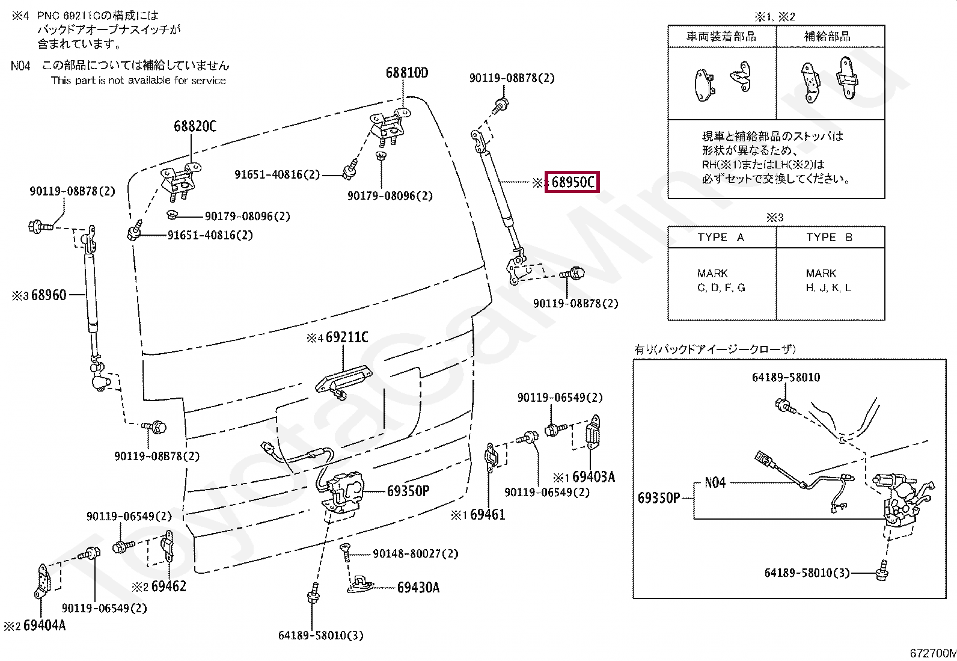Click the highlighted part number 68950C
pyautogui.click(x=572, y=182)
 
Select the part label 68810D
pyautogui.click(x=407, y=73)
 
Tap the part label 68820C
pyautogui.click(x=195, y=126)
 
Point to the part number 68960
pyautogui.click(x=49, y=295)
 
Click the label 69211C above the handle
pyautogui.click(x=347, y=337)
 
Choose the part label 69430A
pyautogui.click(x=418, y=587)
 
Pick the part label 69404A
pyautogui.click(x=44, y=626)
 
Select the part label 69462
pyautogui.click(x=168, y=586)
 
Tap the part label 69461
pyautogui.click(x=488, y=514)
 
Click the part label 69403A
pyautogui.click(x=593, y=477)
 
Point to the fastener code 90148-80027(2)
pyautogui.click(x=415, y=553)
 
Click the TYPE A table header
pyautogui.click(x=721, y=237)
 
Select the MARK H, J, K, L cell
pyautogui.click(x=828, y=280)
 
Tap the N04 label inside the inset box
pyautogui.click(x=715, y=482)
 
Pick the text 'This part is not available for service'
pyautogui.click(x=138, y=81)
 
